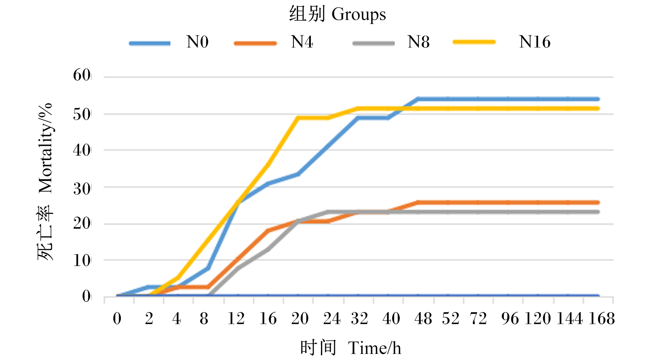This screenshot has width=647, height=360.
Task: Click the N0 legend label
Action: [x=197, y=42]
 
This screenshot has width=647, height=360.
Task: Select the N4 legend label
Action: [x=302, y=42]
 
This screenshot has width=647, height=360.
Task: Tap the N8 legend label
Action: [x=418, y=42]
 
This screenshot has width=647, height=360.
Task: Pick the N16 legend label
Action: [x=535, y=42]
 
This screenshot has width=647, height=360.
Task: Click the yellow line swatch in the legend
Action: [x=474, y=42]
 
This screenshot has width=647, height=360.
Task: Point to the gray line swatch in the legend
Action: [x=374, y=43]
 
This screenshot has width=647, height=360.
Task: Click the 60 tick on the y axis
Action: [x=82, y=75]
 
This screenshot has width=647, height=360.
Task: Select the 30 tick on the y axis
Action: [x=82, y=189]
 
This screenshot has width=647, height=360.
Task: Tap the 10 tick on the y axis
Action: [x=82, y=260]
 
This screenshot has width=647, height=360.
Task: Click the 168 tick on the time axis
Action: [x=601, y=319]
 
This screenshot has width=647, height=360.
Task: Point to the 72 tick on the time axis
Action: [x=478, y=319]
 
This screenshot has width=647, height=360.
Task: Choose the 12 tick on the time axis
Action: [x=236, y=319]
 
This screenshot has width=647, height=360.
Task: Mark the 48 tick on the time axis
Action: [x=423, y=319]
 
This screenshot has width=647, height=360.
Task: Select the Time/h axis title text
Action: [x=375, y=348]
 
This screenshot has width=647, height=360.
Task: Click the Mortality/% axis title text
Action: [x=45, y=148]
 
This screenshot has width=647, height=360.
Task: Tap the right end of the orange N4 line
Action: [x=598, y=203]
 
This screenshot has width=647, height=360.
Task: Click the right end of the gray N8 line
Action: [x=598, y=212]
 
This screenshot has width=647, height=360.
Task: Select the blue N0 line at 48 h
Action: [x=418, y=99]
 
